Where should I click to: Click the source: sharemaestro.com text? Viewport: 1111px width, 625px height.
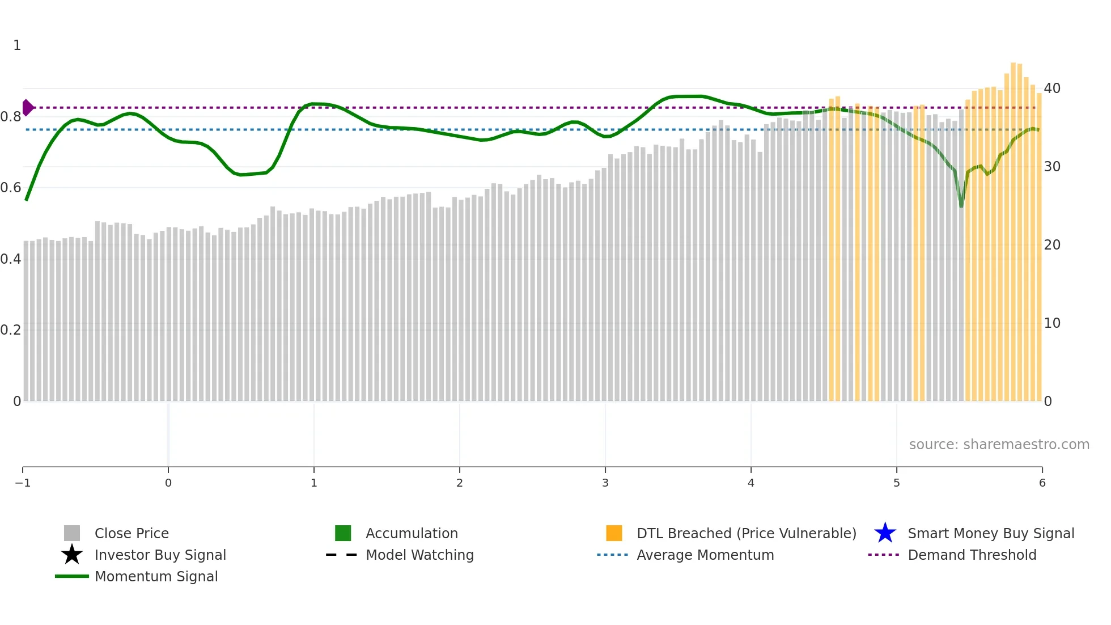coord(999,445)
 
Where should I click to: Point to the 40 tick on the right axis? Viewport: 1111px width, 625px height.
coord(1052,88)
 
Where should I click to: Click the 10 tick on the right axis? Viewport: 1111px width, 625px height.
coord(1052,323)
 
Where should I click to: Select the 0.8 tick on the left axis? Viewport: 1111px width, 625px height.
coord(11,117)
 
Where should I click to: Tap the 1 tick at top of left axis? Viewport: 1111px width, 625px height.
coord(17,45)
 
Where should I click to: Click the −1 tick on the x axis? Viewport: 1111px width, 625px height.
coord(23,483)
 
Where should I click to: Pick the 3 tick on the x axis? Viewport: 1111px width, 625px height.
coord(605,483)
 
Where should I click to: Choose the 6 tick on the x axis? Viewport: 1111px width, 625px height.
coord(1042,483)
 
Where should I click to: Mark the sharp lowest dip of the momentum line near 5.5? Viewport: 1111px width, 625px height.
coord(961,205)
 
